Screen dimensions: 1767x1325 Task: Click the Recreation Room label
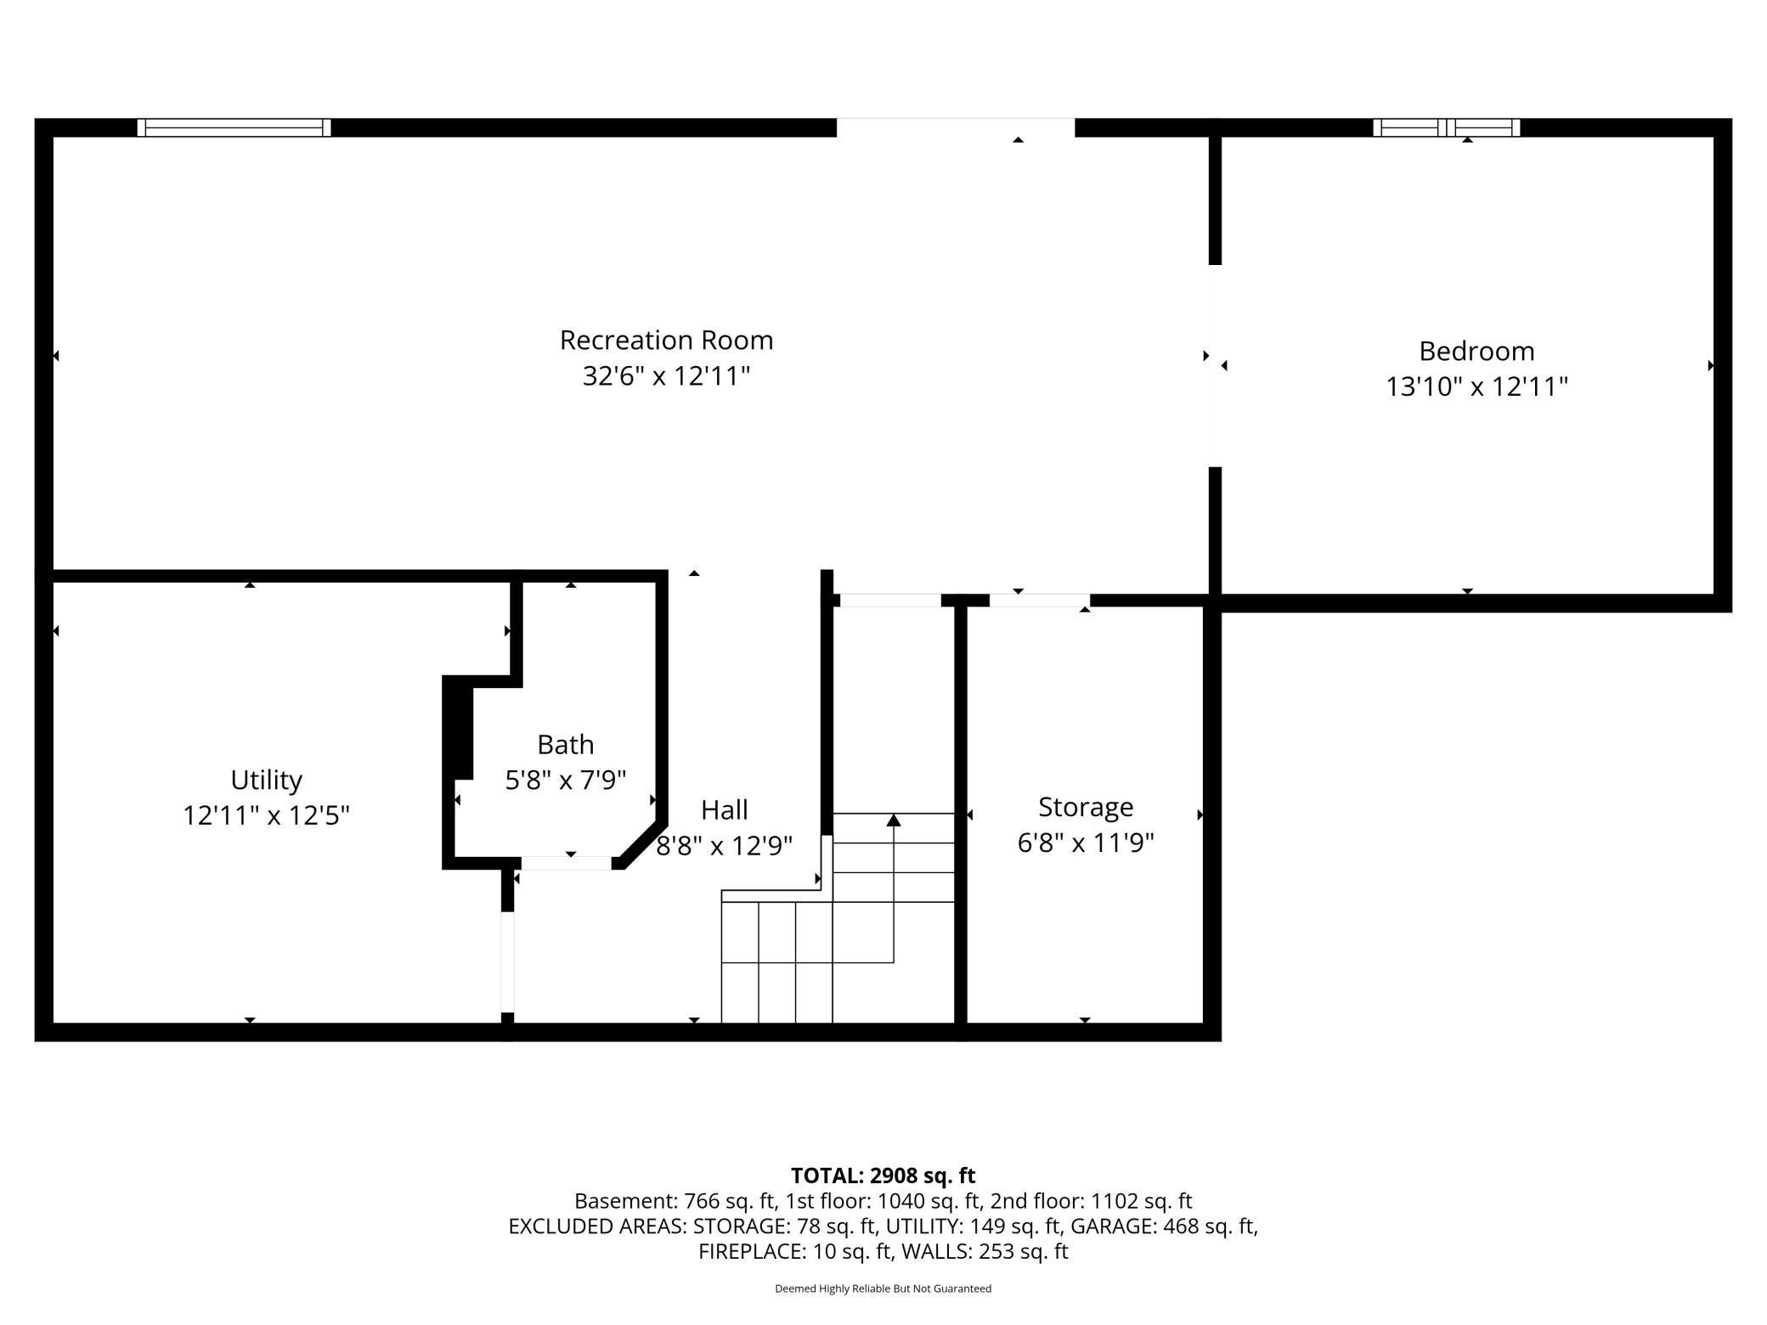pos(666,341)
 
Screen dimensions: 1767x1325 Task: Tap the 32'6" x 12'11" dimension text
pos(666,375)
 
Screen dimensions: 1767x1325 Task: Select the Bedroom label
pos(1476,351)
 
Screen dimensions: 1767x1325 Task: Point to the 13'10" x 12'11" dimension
pos(1476,386)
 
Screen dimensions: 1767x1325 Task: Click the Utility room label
pos(266,781)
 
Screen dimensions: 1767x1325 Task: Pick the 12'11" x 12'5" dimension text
pos(266,815)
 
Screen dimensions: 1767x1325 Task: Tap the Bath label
pos(565,745)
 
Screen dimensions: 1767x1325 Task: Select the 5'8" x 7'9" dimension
pos(565,780)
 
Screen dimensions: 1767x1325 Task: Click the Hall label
pos(724,809)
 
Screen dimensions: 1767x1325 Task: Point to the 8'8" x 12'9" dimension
pos(724,846)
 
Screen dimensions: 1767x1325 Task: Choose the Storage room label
pos(1086,807)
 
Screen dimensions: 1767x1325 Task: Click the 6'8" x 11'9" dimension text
pos(1086,843)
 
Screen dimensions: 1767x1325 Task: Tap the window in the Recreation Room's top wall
pos(234,127)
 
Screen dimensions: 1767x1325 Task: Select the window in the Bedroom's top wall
pos(1446,127)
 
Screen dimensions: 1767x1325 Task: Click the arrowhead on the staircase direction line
pos(893,820)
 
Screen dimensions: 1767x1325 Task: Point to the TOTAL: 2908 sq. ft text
pos(883,1176)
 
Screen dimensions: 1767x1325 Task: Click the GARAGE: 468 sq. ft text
pos(1164,1226)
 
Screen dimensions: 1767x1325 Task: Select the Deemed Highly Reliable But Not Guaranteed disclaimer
pos(883,1288)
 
